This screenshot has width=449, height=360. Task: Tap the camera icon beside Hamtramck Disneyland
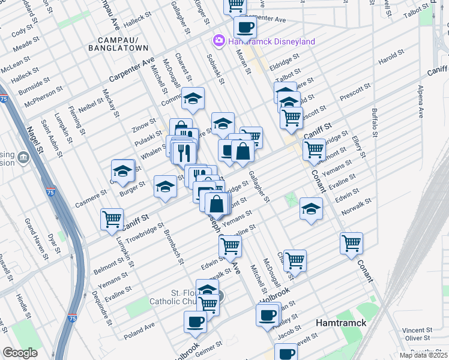(x=218, y=41)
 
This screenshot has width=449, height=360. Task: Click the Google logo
(x=20, y=353)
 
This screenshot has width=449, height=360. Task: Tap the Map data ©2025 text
(x=423, y=355)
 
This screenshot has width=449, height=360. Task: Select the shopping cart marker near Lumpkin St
(x=112, y=220)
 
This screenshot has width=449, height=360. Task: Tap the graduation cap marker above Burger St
(x=122, y=171)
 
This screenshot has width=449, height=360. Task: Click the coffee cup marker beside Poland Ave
(x=195, y=322)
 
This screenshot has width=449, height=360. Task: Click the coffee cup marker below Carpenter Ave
(x=244, y=27)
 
